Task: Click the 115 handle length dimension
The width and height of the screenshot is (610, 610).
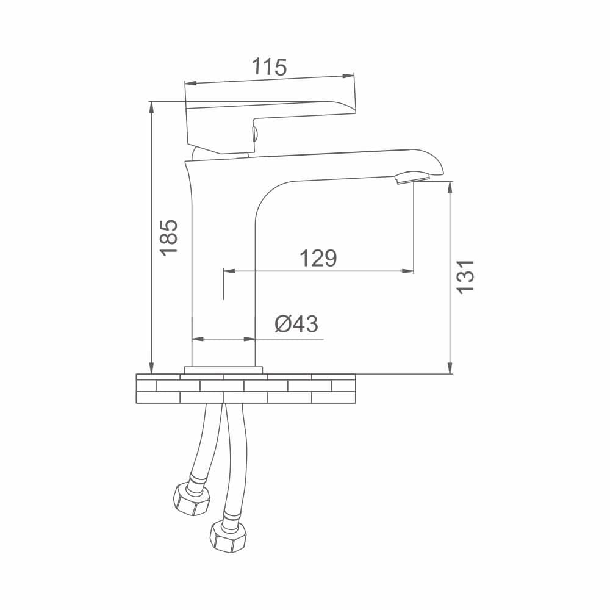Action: [269, 67]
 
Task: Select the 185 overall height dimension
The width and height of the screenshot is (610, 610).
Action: [169, 237]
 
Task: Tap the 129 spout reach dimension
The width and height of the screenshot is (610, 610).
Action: [318, 258]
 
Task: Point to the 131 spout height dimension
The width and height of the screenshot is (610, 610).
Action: [465, 276]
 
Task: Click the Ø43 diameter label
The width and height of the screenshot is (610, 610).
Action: [296, 324]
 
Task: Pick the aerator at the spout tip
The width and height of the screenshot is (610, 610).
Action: [412, 178]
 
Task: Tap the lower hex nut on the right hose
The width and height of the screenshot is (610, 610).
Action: [228, 536]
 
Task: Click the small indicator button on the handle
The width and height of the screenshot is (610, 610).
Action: [255, 134]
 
